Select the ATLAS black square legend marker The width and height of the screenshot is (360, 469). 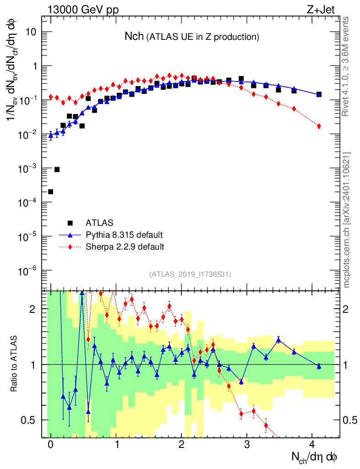click(70, 223)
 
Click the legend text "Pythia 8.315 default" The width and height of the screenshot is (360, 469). click(124, 235)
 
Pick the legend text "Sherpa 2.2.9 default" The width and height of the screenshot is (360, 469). click(125, 247)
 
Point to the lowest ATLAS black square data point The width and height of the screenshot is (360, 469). click(50, 191)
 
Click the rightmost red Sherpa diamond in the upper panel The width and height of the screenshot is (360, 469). click(319, 126)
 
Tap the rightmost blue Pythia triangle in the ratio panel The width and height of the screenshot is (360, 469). click(319, 366)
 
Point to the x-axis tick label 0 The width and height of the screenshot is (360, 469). click(50, 445)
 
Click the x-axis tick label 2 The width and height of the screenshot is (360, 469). click(181, 445)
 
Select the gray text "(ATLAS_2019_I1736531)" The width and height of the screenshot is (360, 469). click(190, 274)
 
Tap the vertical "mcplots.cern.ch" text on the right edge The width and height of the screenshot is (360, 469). click(347, 220)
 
